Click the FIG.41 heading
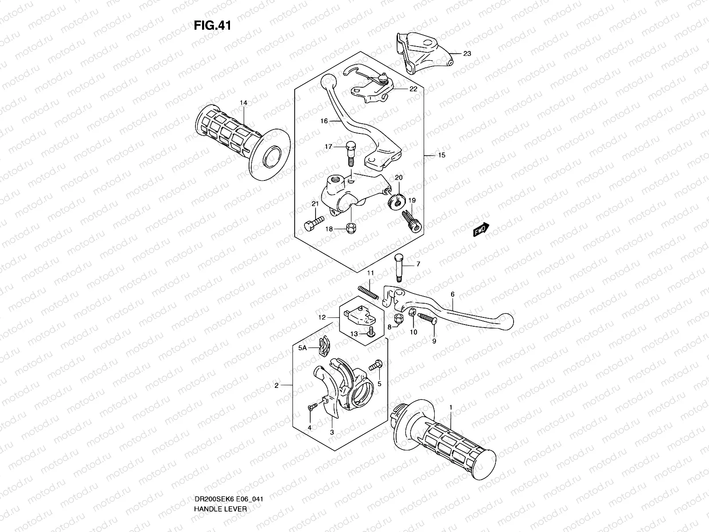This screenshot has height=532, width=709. (x=212, y=26)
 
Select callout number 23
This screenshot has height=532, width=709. (x=467, y=54)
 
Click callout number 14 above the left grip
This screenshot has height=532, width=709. (x=243, y=103)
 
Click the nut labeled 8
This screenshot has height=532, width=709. (x=398, y=318)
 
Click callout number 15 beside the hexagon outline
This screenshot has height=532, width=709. (x=441, y=156)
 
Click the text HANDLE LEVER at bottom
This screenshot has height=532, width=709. (x=220, y=484)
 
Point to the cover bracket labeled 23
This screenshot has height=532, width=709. (x=421, y=52)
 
